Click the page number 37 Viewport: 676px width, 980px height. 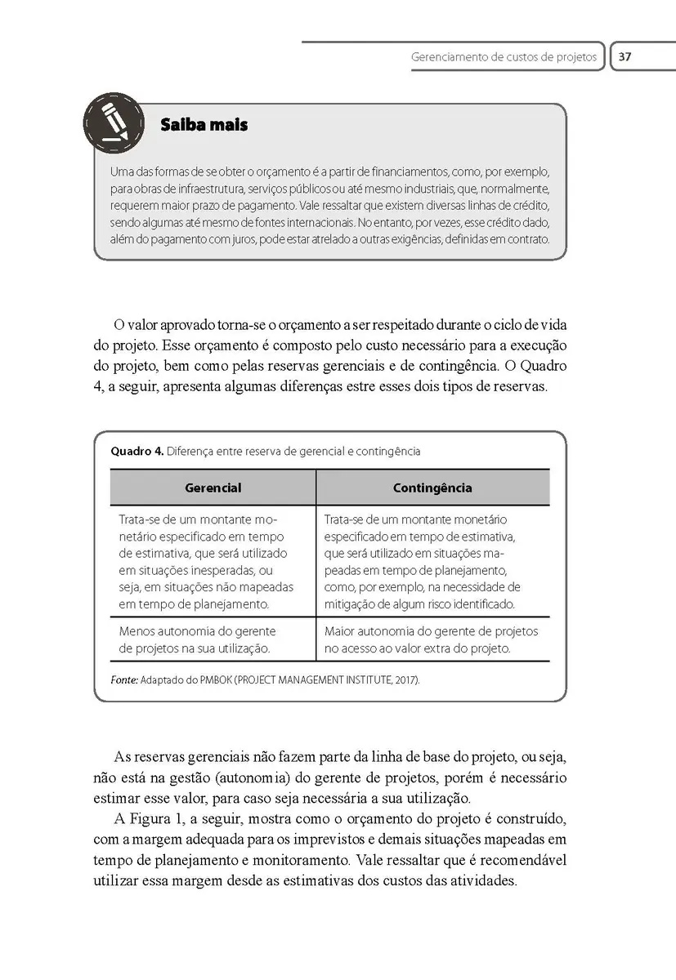625,57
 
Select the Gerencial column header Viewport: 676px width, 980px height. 213,488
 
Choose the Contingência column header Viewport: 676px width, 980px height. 432,488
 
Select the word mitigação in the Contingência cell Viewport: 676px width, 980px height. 351,604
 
